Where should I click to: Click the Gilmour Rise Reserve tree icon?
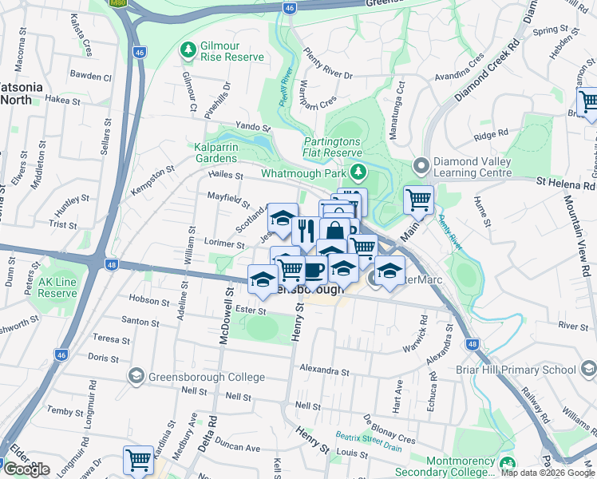click(188, 51)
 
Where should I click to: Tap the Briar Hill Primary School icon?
click(588, 370)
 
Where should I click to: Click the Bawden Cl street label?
click(89, 77)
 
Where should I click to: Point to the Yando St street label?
click(253, 127)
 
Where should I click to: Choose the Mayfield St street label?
click(225, 197)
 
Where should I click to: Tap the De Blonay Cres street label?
click(389, 430)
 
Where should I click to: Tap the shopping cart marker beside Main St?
click(418, 200)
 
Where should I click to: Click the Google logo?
click(26, 469)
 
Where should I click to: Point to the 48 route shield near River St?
click(472, 344)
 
